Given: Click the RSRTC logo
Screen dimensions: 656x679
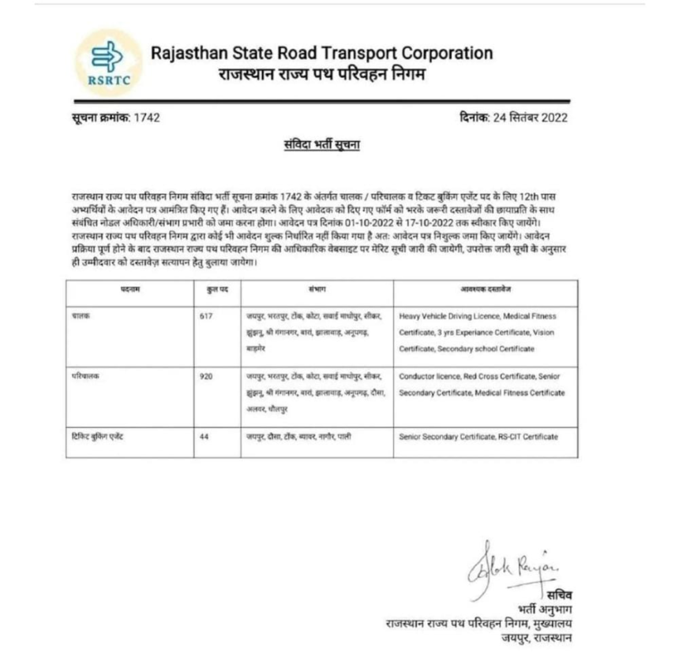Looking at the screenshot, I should [109, 62].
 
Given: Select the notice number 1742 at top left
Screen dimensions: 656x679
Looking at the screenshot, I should [147, 118].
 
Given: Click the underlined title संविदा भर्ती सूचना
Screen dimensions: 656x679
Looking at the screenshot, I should [322, 146].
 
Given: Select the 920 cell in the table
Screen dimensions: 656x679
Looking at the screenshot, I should [208, 377].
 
